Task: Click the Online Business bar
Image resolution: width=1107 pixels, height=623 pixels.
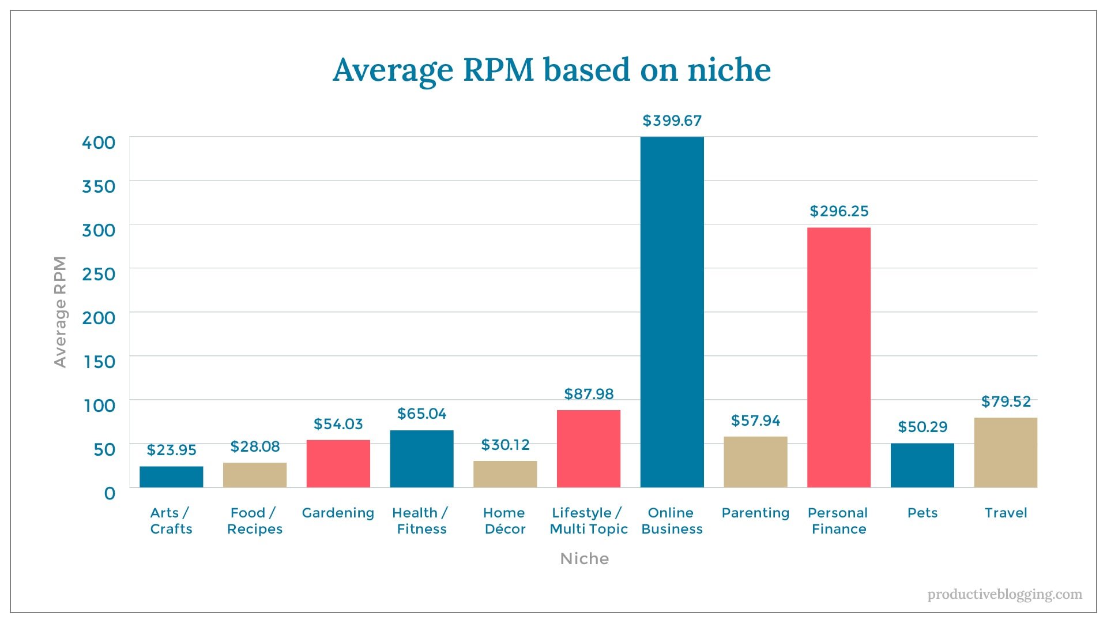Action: (672, 311)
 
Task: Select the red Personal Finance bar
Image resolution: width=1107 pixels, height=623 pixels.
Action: (838, 358)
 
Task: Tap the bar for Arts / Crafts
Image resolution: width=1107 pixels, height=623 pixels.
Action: (171, 477)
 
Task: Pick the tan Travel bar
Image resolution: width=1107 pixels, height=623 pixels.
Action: (1006, 453)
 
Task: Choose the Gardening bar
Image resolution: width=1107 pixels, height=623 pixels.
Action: (338, 464)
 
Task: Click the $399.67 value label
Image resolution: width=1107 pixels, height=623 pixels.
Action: (672, 121)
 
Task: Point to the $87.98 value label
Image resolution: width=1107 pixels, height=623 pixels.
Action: (589, 394)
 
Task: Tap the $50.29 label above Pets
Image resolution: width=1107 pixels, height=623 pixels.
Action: (922, 427)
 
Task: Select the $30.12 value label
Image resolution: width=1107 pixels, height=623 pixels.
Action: (505, 445)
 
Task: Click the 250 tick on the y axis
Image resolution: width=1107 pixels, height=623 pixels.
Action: (99, 274)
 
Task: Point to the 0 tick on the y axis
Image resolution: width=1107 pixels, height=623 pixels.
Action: (110, 493)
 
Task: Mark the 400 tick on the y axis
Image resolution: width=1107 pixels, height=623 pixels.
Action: (99, 142)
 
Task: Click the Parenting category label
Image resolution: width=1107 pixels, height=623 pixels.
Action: (755, 513)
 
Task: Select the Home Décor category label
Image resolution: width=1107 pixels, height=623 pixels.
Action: (504, 521)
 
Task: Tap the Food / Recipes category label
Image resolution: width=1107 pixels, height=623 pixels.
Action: (254, 521)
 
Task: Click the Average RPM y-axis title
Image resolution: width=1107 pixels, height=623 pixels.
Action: (60, 311)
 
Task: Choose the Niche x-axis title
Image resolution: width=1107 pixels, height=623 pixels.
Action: (584, 558)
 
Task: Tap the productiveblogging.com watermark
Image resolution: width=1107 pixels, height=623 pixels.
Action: (1004, 594)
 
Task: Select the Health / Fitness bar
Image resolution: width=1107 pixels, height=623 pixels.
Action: (421, 459)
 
